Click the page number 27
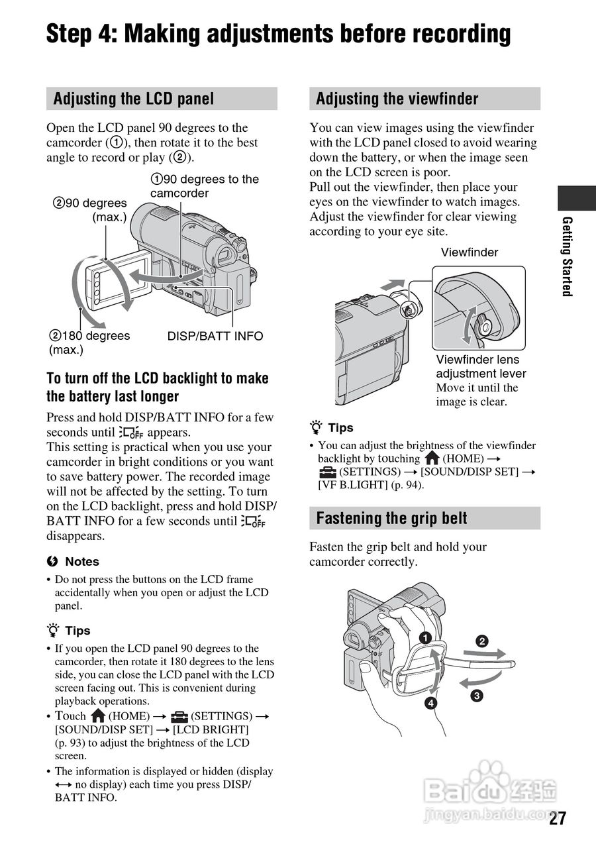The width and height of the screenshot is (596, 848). pos(558,818)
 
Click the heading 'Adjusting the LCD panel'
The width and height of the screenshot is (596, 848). pos(133,99)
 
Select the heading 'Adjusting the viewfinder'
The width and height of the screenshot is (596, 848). pos(397,99)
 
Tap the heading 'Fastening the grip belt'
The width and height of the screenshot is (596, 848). pos(391,518)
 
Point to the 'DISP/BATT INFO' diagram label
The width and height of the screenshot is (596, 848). pos(215,336)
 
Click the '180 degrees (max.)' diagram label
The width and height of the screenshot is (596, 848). pos(90,343)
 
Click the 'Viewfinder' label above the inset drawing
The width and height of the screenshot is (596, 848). pos(470,252)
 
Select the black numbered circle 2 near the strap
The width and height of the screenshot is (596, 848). pos(482,641)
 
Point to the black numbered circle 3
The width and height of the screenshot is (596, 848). pos(476,696)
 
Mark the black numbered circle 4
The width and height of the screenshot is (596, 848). pos(431,703)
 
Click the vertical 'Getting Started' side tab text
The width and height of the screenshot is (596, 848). pos(567,256)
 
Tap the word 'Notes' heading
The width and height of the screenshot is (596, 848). pos(81,562)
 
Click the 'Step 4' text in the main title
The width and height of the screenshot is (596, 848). pos(79,33)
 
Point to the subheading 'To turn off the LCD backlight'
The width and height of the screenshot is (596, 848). pos(158,378)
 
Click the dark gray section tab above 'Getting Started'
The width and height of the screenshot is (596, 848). pos(576,198)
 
